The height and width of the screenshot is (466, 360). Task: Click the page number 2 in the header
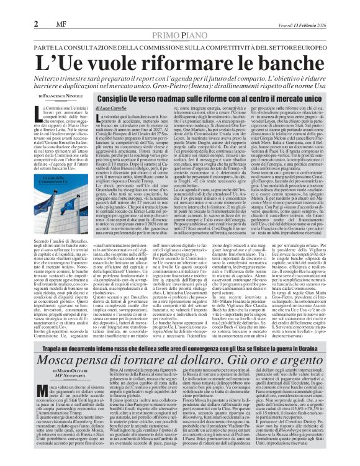[11, 7]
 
